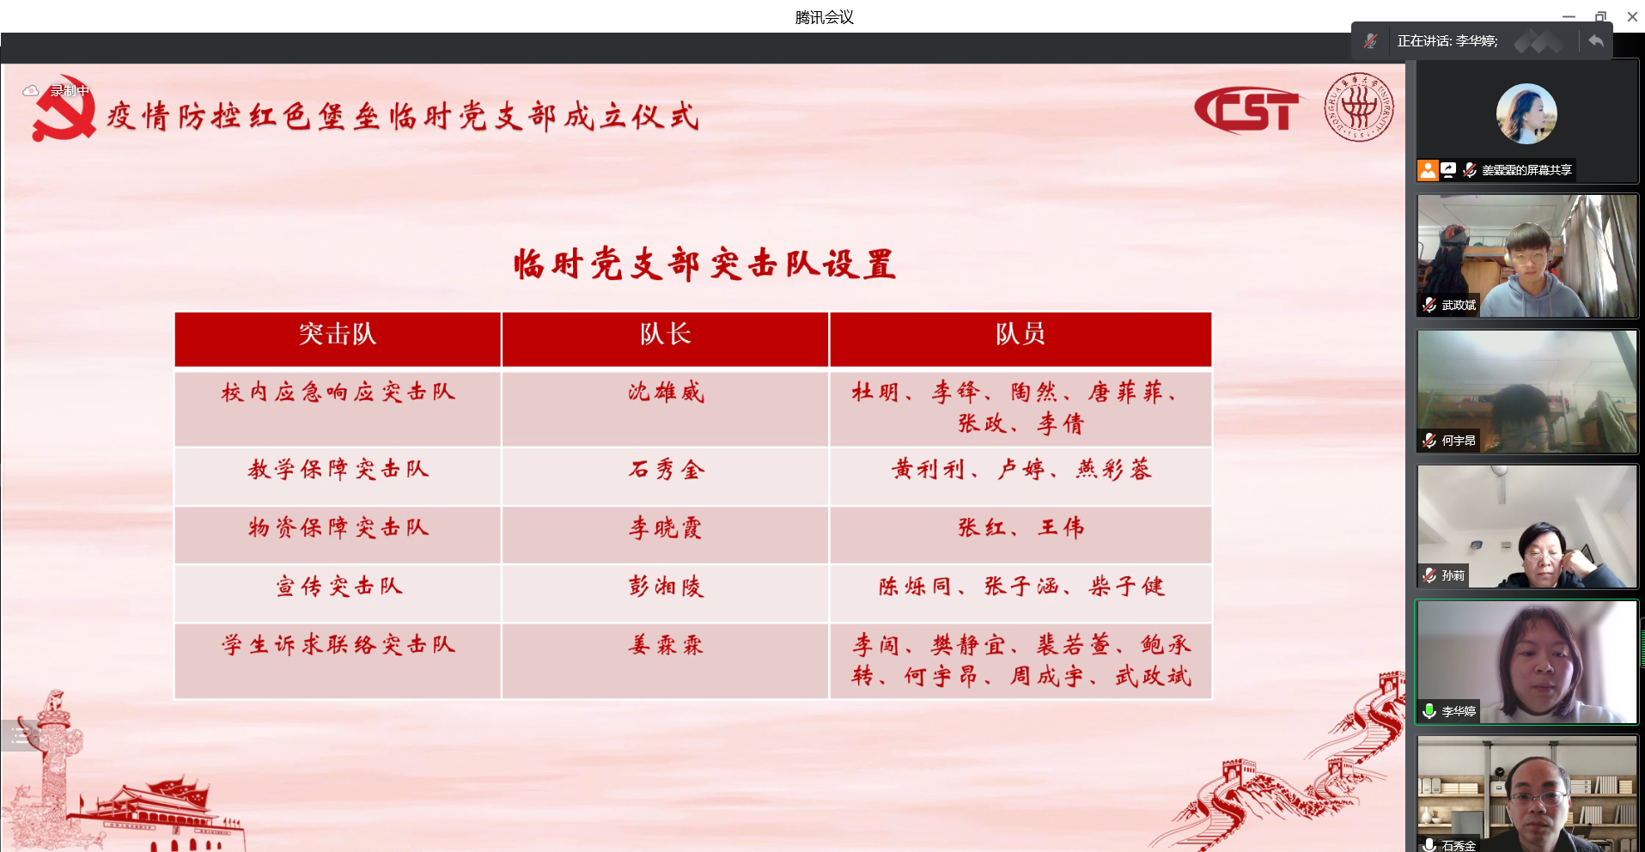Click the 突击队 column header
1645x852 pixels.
(x=338, y=334)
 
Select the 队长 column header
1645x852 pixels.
(x=665, y=334)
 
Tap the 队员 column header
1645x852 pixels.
(x=1021, y=334)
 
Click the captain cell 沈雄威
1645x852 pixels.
(x=666, y=393)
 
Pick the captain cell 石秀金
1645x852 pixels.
(x=666, y=469)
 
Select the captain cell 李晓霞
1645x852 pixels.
(x=666, y=527)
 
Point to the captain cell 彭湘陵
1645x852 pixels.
(x=666, y=587)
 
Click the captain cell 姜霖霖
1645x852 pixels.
(x=666, y=645)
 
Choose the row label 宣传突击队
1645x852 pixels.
(x=338, y=587)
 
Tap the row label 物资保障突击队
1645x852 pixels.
(x=338, y=527)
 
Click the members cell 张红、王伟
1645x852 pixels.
(x=1021, y=527)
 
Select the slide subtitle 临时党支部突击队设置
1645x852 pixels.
(x=705, y=265)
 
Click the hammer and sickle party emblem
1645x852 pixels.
(x=64, y=108)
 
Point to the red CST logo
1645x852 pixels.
(x=1247, y=110)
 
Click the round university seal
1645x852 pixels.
(x=1359, y=107)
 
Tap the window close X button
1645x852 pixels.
(x=1632, y=16)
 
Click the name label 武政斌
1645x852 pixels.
(x=1459, y=305)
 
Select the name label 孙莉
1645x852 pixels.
(x=1453, y=575)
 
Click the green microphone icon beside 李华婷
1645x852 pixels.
(x=1429, y=711)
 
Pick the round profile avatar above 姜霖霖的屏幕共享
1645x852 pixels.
(x=1526, y=113)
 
